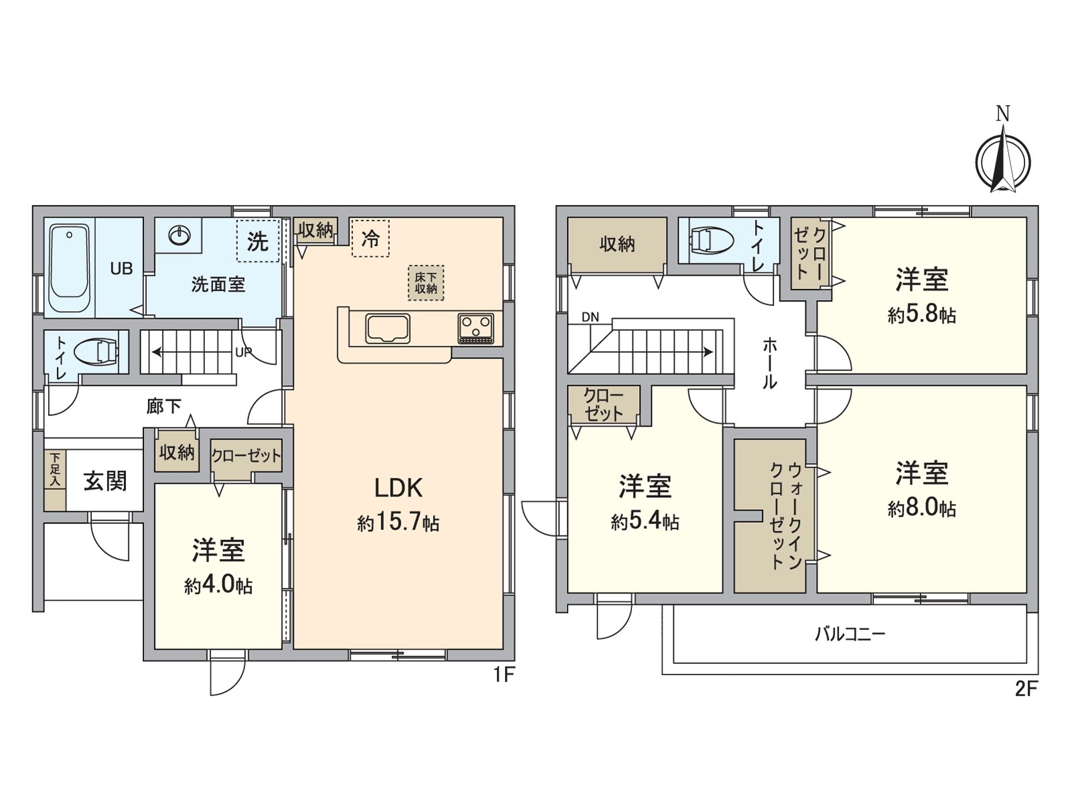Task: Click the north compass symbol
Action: (1002, 161)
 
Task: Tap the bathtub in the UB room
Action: (69, 268)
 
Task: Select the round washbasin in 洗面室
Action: (180, 235)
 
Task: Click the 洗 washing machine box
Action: (258, 241)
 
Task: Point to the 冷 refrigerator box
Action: (371, 238)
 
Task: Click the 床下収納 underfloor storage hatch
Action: (425, 283)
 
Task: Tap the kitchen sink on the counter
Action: (387, 329)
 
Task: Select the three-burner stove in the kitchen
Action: (476, 329)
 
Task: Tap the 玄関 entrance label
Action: (105, 481)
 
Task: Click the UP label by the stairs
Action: (243, 352)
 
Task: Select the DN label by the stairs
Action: (590, 317)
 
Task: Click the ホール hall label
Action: (770, 364)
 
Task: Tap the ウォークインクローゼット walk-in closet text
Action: (785, 516)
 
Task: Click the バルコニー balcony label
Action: (850, 634)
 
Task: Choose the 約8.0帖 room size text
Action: (922, 508)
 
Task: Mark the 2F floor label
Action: (1026, 688)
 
